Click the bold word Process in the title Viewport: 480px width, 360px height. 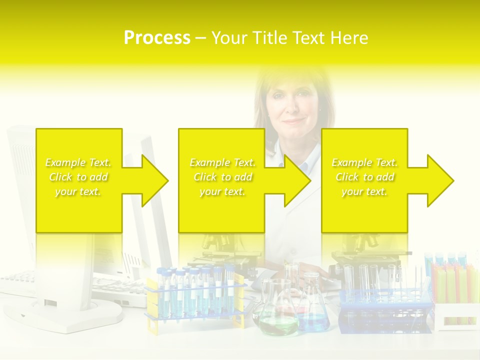(157, 38)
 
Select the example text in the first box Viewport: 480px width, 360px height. (78, 177)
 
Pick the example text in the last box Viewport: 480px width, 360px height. (364, 177)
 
